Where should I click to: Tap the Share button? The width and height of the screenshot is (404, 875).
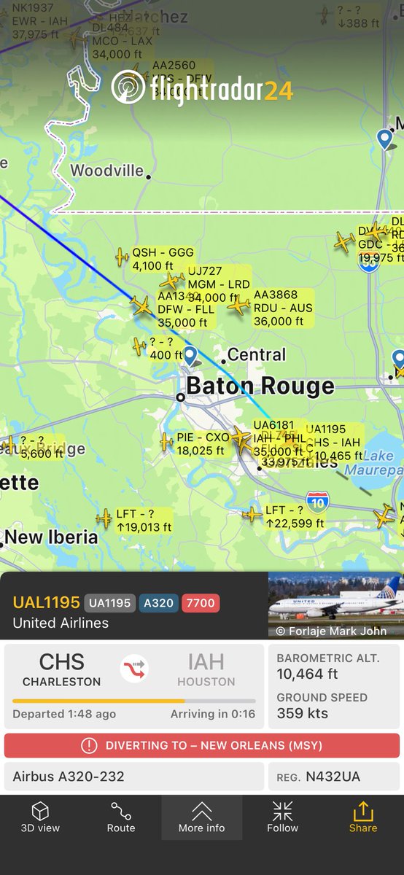(362, 817)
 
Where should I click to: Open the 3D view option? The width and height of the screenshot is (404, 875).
(40, 817)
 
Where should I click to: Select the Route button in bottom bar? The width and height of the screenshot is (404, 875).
(121, 817)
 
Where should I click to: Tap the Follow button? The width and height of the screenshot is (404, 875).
(282, 817)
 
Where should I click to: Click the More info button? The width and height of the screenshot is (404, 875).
(201, 817)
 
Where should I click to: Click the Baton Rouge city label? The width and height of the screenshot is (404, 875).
(260, 386)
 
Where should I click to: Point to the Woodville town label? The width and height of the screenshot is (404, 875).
(107, 171)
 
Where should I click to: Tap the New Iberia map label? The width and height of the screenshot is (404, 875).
(51, 537)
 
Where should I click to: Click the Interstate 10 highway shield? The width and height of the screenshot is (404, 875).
(317, 501)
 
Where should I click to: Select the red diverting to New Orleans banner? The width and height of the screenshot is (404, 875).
(201, 745)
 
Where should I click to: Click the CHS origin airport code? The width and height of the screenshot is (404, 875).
(61, 662)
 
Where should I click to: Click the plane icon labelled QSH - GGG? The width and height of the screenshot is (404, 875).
(122, 256)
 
